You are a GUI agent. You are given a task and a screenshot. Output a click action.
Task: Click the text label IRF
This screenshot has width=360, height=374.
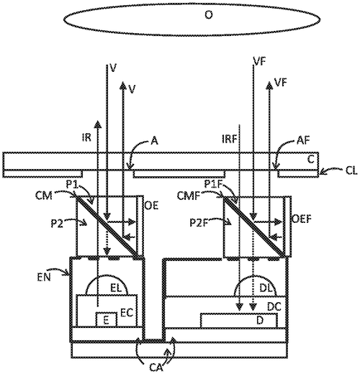pos(225,133)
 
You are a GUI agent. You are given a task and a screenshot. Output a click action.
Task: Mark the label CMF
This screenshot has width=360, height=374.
pos(188,194)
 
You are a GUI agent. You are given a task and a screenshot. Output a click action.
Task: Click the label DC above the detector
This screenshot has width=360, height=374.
pos(274,306)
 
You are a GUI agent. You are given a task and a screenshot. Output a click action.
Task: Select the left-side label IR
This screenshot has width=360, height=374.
pos(87,133)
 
